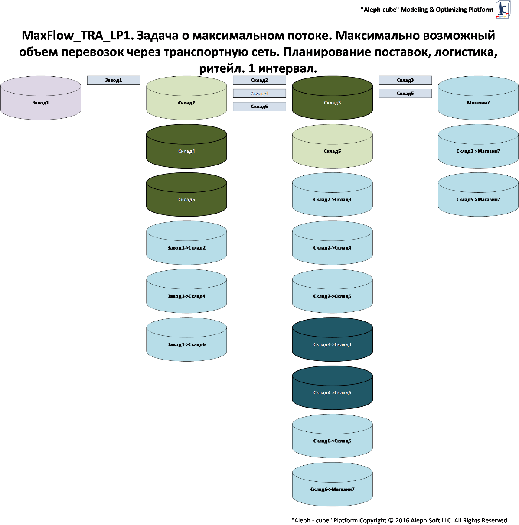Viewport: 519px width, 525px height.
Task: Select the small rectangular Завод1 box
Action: (x=114, y=80)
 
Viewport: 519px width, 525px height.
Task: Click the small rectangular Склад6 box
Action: (x=259, y=107)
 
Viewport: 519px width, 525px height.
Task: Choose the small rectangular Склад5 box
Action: (x=405, y=94)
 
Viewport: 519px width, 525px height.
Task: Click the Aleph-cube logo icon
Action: (x=503, y=9)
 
